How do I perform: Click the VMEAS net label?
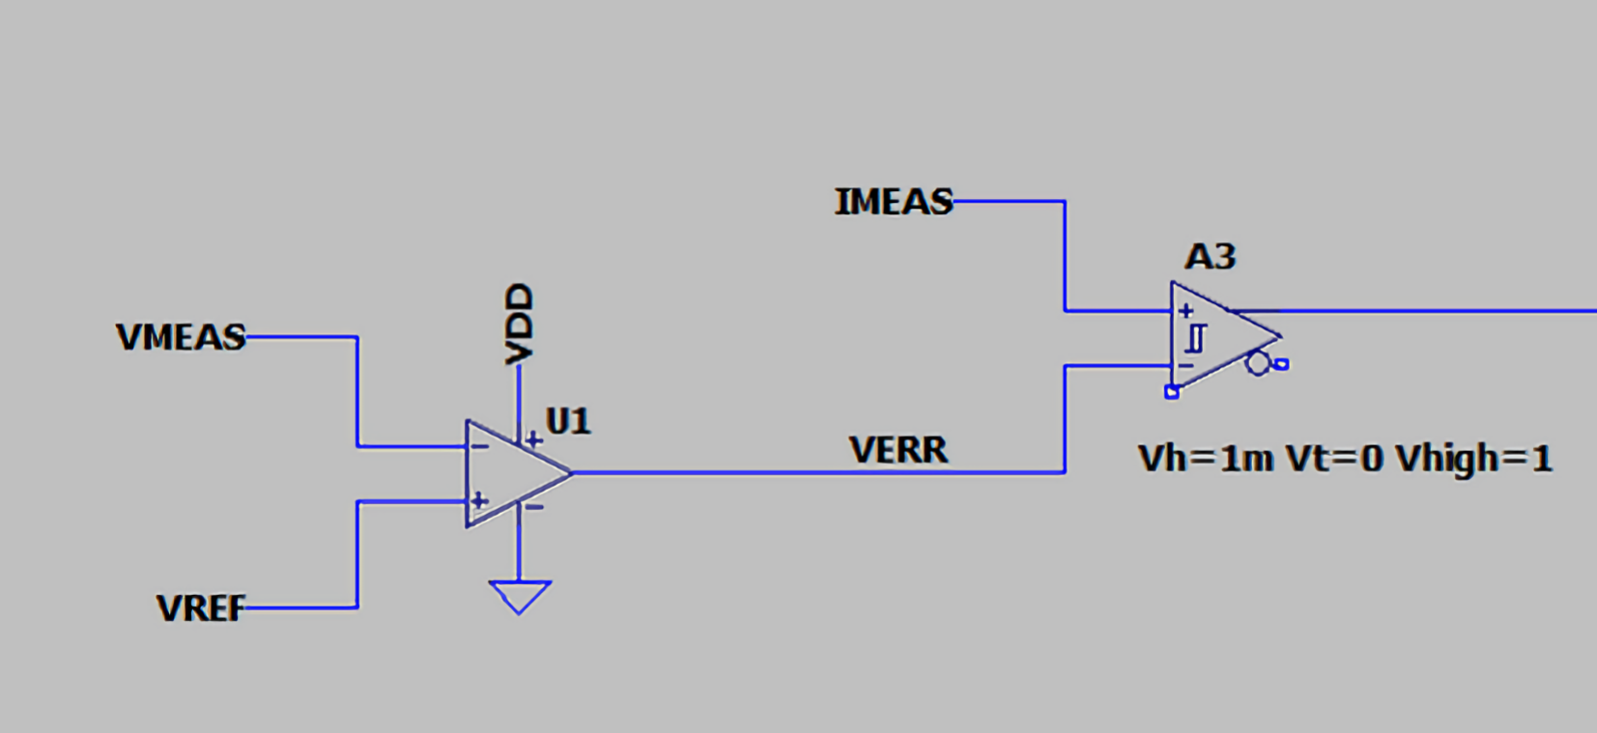pos(181,337)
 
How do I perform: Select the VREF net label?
pos(201,608)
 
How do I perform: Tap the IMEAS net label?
pos(894,202)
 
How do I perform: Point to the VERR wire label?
pos(898,449)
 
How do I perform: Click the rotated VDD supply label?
pos(519,324)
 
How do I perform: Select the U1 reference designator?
pos(568,421)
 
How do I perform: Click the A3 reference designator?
pos(1210,257)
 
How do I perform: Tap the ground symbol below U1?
pos(520,597)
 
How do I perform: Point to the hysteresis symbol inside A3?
pos(1197,338)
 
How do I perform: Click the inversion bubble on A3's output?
pos(1257,363)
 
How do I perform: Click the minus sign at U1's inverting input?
pos(480,446)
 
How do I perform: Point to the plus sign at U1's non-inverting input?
pos(480,501)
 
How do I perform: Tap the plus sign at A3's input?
pos(1185,311)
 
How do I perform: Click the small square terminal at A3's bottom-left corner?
pos(1171,392)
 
